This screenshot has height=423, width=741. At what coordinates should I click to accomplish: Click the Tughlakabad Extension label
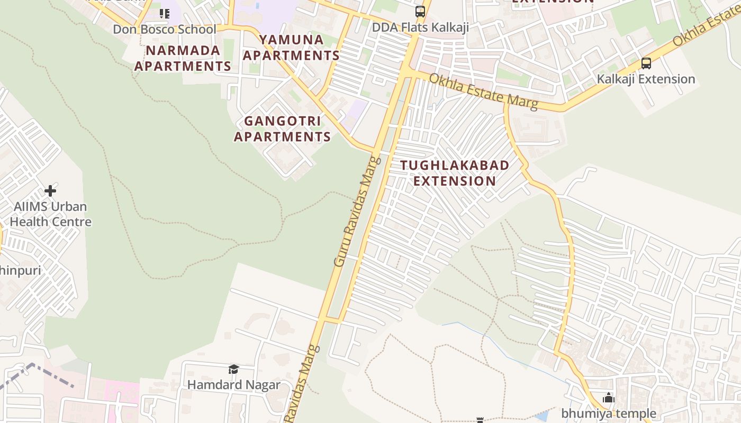click(x=455, y=173)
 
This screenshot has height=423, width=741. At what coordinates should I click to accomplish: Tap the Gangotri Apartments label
click(x=283, y=129)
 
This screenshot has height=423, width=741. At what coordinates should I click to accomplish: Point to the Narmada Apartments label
click(x=183, y=58)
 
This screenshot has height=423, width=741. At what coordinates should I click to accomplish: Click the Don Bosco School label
click(x=165, y=30)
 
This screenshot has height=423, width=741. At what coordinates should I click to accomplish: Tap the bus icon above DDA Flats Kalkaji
click(x=420, y=12)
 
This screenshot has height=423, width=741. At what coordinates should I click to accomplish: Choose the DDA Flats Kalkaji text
click(x=420, y=27)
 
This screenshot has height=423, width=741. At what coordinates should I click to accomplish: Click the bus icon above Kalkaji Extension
click(x=646, y=63)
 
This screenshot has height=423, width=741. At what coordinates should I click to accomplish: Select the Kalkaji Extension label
click(x=646, y=79)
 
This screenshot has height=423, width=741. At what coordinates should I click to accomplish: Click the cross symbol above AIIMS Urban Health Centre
click(x=50, y=190)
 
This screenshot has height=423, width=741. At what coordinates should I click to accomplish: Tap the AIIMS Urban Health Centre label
click(x=51, y=214)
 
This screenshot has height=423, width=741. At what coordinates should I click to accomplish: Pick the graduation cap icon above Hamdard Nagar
click(x=233, y=369)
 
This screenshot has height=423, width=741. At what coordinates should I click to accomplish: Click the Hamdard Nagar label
click(x=233, y=384)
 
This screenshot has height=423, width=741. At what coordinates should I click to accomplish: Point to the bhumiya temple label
click(x=609, y=413)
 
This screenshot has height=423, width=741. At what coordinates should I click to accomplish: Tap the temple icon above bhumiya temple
click(x=609, y=398)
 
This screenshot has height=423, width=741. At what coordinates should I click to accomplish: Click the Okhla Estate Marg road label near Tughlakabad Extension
click(x=483, y=91)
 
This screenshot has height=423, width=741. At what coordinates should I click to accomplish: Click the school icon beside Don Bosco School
click(x=165, y=13)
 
